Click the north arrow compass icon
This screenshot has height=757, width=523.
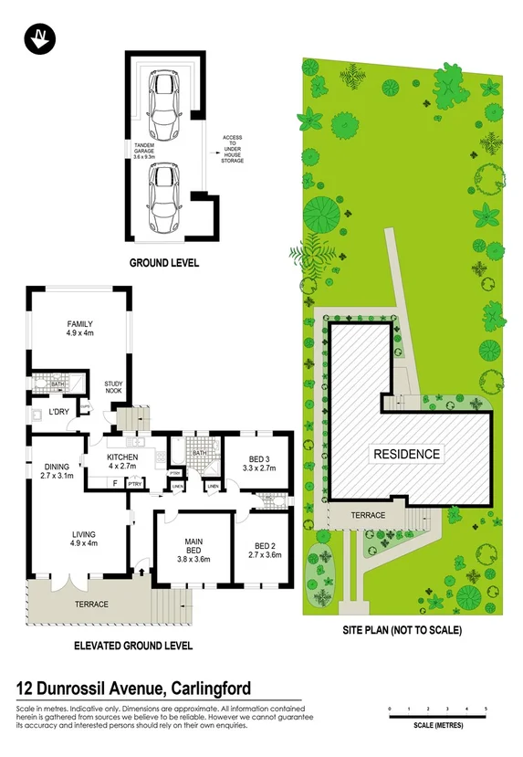click(x=39, y=37)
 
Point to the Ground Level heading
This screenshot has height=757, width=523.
click(x=164, y=263)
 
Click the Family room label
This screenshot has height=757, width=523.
click(x=80, y=329)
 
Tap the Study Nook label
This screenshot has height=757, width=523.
click(x=114, y=386)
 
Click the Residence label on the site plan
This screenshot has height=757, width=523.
click(x=405, y=454)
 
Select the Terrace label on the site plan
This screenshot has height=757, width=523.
click(x=368, y=515)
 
